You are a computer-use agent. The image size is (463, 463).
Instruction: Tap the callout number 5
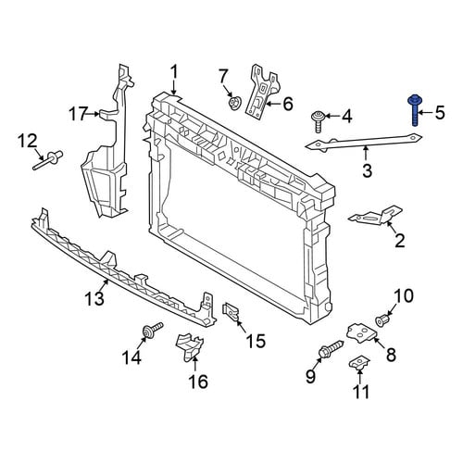click(440, 112)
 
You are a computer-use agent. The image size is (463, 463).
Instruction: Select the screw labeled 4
click(317, 122)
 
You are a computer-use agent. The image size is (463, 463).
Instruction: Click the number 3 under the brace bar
click(367, 170)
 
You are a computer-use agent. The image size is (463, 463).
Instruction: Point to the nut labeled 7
click(235, 103)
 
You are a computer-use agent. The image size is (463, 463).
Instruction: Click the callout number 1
click(174, 72)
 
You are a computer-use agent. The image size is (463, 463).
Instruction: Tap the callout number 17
click(77, 115)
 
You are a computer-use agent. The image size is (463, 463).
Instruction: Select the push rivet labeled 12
click(48, 159)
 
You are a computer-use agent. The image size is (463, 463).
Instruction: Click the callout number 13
click(94, 298)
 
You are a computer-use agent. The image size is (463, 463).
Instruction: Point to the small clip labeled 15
click(231, 312)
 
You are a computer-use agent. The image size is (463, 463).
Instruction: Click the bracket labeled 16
click(190, 346)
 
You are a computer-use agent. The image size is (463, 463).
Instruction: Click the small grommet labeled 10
click(383, 319)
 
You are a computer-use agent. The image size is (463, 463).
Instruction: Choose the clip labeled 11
click(359, 362)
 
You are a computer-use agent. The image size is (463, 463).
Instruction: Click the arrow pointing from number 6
click(272, 104)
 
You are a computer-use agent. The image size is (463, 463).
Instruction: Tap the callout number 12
click(27, 141)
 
